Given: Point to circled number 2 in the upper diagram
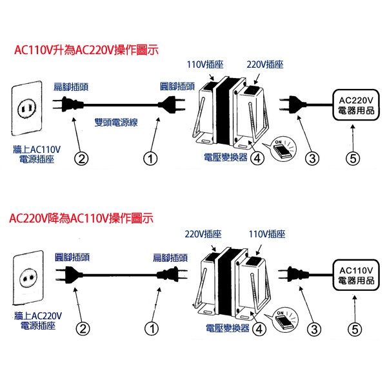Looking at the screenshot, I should [82, 157].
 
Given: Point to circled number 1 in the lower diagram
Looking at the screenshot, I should [150, 329].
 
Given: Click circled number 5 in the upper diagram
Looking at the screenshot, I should [352, 157].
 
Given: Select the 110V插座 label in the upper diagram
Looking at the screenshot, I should [202, 64].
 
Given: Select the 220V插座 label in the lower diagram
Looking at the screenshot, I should [202, 235].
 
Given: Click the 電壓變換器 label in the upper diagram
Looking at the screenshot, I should [224, 156].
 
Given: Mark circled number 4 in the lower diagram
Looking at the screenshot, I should [259, 329].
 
